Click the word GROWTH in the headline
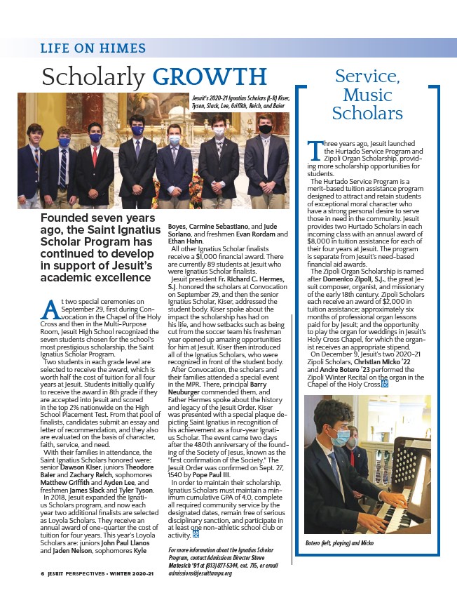210,76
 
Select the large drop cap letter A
49,308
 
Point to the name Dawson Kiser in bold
83,429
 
